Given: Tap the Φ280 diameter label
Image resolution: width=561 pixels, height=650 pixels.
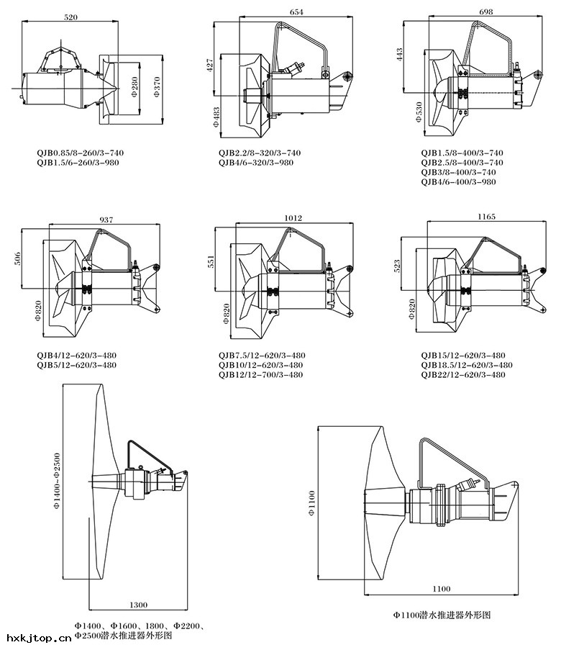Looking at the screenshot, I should coord(134,85).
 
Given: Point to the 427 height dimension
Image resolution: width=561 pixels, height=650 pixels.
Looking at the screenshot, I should coord(210,65).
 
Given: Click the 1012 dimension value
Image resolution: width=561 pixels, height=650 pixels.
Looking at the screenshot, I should coord(293,218).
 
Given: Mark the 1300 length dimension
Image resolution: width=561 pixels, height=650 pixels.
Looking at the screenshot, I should coord(140,605).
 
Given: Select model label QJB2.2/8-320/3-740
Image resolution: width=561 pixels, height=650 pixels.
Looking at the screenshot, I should coord(260,153).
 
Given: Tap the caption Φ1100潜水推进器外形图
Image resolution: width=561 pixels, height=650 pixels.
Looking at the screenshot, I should coord(441,615).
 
